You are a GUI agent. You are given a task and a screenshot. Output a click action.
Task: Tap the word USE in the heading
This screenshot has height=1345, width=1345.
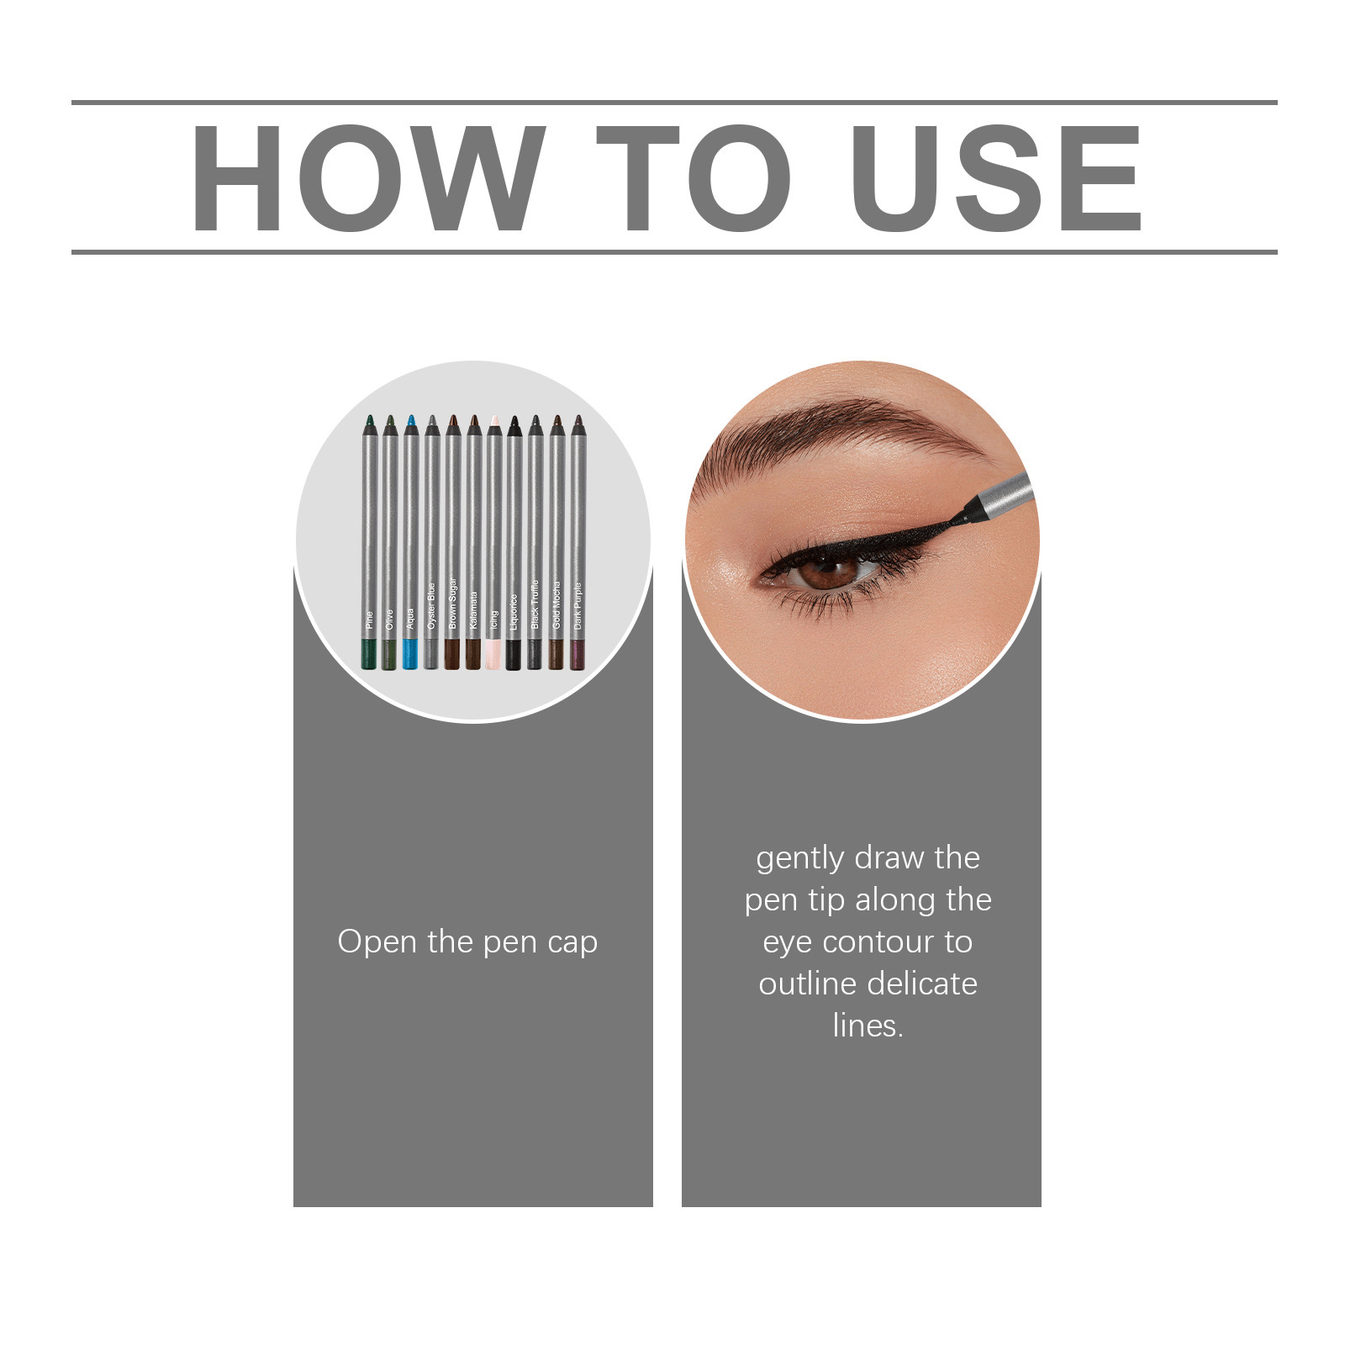click(995, 178)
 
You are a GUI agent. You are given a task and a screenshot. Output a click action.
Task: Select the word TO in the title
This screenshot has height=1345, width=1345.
click(694, 178)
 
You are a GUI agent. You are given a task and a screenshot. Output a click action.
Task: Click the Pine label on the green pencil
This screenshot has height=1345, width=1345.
click(369, 620)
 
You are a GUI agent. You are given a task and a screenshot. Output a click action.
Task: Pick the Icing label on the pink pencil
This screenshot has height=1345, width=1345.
click(493, 619)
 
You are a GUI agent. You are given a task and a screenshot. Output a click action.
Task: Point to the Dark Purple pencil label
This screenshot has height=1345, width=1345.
click(578, 605)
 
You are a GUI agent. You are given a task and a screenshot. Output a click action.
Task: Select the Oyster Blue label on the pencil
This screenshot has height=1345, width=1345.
click(431, 605)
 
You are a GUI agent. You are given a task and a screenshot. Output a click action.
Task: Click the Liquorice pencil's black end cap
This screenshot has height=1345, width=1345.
click(514, 654)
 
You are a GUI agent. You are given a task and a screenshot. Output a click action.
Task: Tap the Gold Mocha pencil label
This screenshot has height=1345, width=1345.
click(556, 605)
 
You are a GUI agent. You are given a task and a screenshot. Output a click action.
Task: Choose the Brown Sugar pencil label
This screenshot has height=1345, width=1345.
click(452, 603)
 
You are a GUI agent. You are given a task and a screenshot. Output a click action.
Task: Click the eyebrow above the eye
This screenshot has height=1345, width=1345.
click(841, 429)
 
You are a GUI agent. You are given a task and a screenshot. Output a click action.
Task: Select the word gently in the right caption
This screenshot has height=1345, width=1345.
click(799, 858)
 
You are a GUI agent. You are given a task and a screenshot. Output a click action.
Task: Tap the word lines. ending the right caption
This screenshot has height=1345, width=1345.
click(868, 1026)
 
